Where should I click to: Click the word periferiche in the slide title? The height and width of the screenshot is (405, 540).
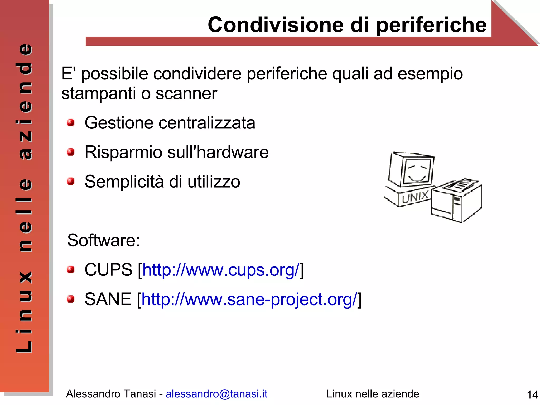click(431, 25)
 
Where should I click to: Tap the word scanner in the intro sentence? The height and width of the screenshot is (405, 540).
click(186, 93)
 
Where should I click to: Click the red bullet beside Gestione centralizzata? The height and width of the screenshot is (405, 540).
click(70, 122)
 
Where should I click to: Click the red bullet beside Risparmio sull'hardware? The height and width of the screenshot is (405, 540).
click(70, 152)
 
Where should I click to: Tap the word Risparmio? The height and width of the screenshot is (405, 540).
click(123, 153)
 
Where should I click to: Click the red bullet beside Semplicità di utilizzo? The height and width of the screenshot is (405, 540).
click(70, 181)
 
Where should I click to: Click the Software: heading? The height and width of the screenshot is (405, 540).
click(103, 240)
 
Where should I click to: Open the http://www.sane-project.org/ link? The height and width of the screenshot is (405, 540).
click(249, 299)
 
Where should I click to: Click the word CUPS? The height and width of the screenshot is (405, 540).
click(108, 270)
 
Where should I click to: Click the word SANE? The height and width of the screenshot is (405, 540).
click(108, 299)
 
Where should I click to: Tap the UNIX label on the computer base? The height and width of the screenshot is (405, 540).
click(415, 197)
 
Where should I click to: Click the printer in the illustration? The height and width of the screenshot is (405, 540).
click(456, 203)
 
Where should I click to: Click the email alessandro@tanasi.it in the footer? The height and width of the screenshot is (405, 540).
click(216, 394)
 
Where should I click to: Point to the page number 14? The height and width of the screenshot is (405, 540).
click(532, 395)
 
